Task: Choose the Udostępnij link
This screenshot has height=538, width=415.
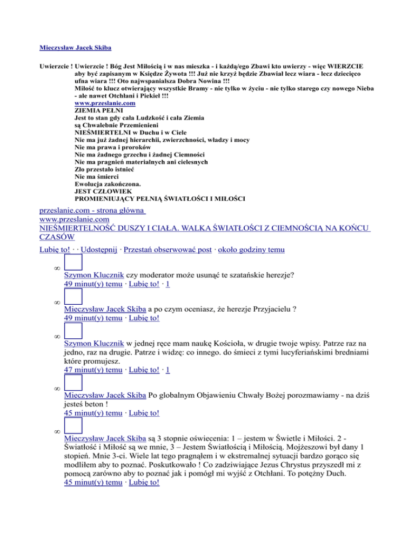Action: coord(99,250)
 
